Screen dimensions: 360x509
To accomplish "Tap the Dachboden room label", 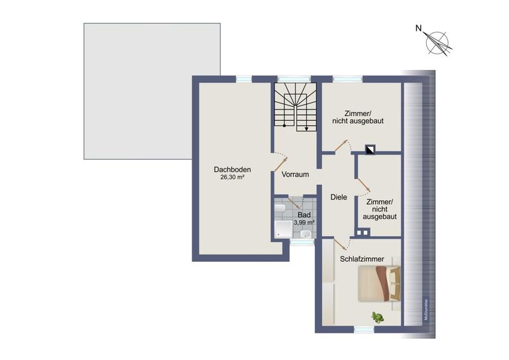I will [232, 168].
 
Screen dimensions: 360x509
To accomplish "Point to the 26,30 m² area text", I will [233, 178].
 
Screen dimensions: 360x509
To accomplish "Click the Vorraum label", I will [296, 175].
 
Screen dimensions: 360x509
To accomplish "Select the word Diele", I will [339, 197].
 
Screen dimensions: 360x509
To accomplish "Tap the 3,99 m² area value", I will [304, 223].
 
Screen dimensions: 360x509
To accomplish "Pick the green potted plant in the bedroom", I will [378, 317].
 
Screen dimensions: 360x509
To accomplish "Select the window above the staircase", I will [290, 79].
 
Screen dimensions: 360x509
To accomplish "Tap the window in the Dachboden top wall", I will [245, 79].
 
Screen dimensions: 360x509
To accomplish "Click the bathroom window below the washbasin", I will [302, 243].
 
